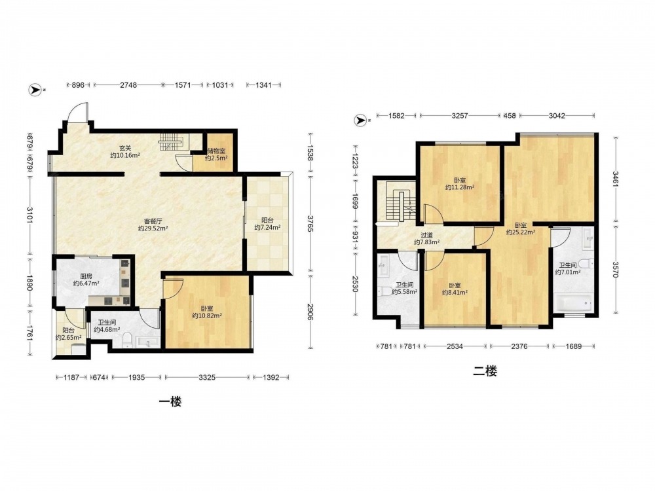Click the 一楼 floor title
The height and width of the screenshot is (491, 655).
pyautogui.click(x=170, y=402)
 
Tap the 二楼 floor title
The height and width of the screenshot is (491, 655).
pyautogui.click(x=485, y=371)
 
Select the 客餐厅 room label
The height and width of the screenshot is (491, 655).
pyautogui.click(x=153, y=221)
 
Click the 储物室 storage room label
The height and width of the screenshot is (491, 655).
pyautogui.click(x=216, y=151)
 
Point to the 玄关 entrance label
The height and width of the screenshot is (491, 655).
pyautogui.click(x=125, y=148)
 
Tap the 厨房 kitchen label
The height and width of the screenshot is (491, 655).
pyautogui.click(x=86, y=276)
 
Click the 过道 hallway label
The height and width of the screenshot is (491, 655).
pyautogui.click(x=426, y=235)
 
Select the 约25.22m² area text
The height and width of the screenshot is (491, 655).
pyautogui.click(x=521, y=232)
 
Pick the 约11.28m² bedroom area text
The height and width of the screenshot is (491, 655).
pyautogui.click(x=460, y=187)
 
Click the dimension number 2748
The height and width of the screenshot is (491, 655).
pyautogui.click(x=128, y=84)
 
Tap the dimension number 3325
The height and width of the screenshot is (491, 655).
pyautogui.click(x=207, y=378)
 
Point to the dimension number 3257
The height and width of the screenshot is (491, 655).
pyautogui.click(x=460, y=116)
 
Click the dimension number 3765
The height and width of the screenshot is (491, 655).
pyautogui.click(x=310, y=223)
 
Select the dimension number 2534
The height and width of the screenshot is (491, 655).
pyautogui.click(x=455, y=346)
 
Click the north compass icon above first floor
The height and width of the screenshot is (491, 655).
pyautogui.click(x=35, y=90)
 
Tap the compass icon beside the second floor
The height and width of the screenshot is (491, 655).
pyautogui.click(x=360, y=120)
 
